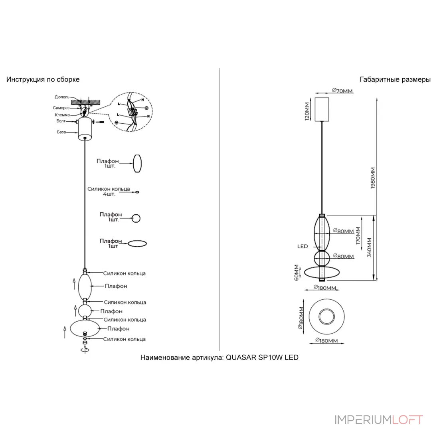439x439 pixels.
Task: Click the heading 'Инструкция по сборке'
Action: [x=43, y=79]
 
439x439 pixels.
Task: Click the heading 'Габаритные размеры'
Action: [x=395, y=79]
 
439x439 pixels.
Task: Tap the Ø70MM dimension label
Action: [x=342, y=91]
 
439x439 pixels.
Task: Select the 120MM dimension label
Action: [x=307, y=111]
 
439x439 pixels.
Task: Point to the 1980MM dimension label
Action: [x=373, y=178]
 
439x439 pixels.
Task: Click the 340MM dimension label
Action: [x=369, y=247]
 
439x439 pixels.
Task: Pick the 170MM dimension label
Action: [x=358, y=235]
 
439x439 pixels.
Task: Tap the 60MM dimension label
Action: [x=297, y=273]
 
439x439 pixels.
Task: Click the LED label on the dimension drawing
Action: [x=303, y=246]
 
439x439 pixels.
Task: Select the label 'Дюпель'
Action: [x=62, y=97]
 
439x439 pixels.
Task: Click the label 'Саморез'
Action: [x=61, y=108]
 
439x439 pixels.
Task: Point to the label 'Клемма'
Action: [x=62, y=115]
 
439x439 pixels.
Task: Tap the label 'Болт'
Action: [x=61, y=121]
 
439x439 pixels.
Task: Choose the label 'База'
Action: [x=61, y=132]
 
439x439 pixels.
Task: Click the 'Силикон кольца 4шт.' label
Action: [x=109, y=192]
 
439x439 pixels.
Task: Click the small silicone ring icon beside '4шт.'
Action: [x=137, y=192]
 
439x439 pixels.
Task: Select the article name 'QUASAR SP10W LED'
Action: [x=262, y=358]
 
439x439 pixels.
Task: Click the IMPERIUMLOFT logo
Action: [x=379, y=420]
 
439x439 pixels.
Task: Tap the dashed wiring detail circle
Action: [x=131, y=112]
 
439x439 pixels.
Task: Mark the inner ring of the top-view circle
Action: [x=326, y=316]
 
